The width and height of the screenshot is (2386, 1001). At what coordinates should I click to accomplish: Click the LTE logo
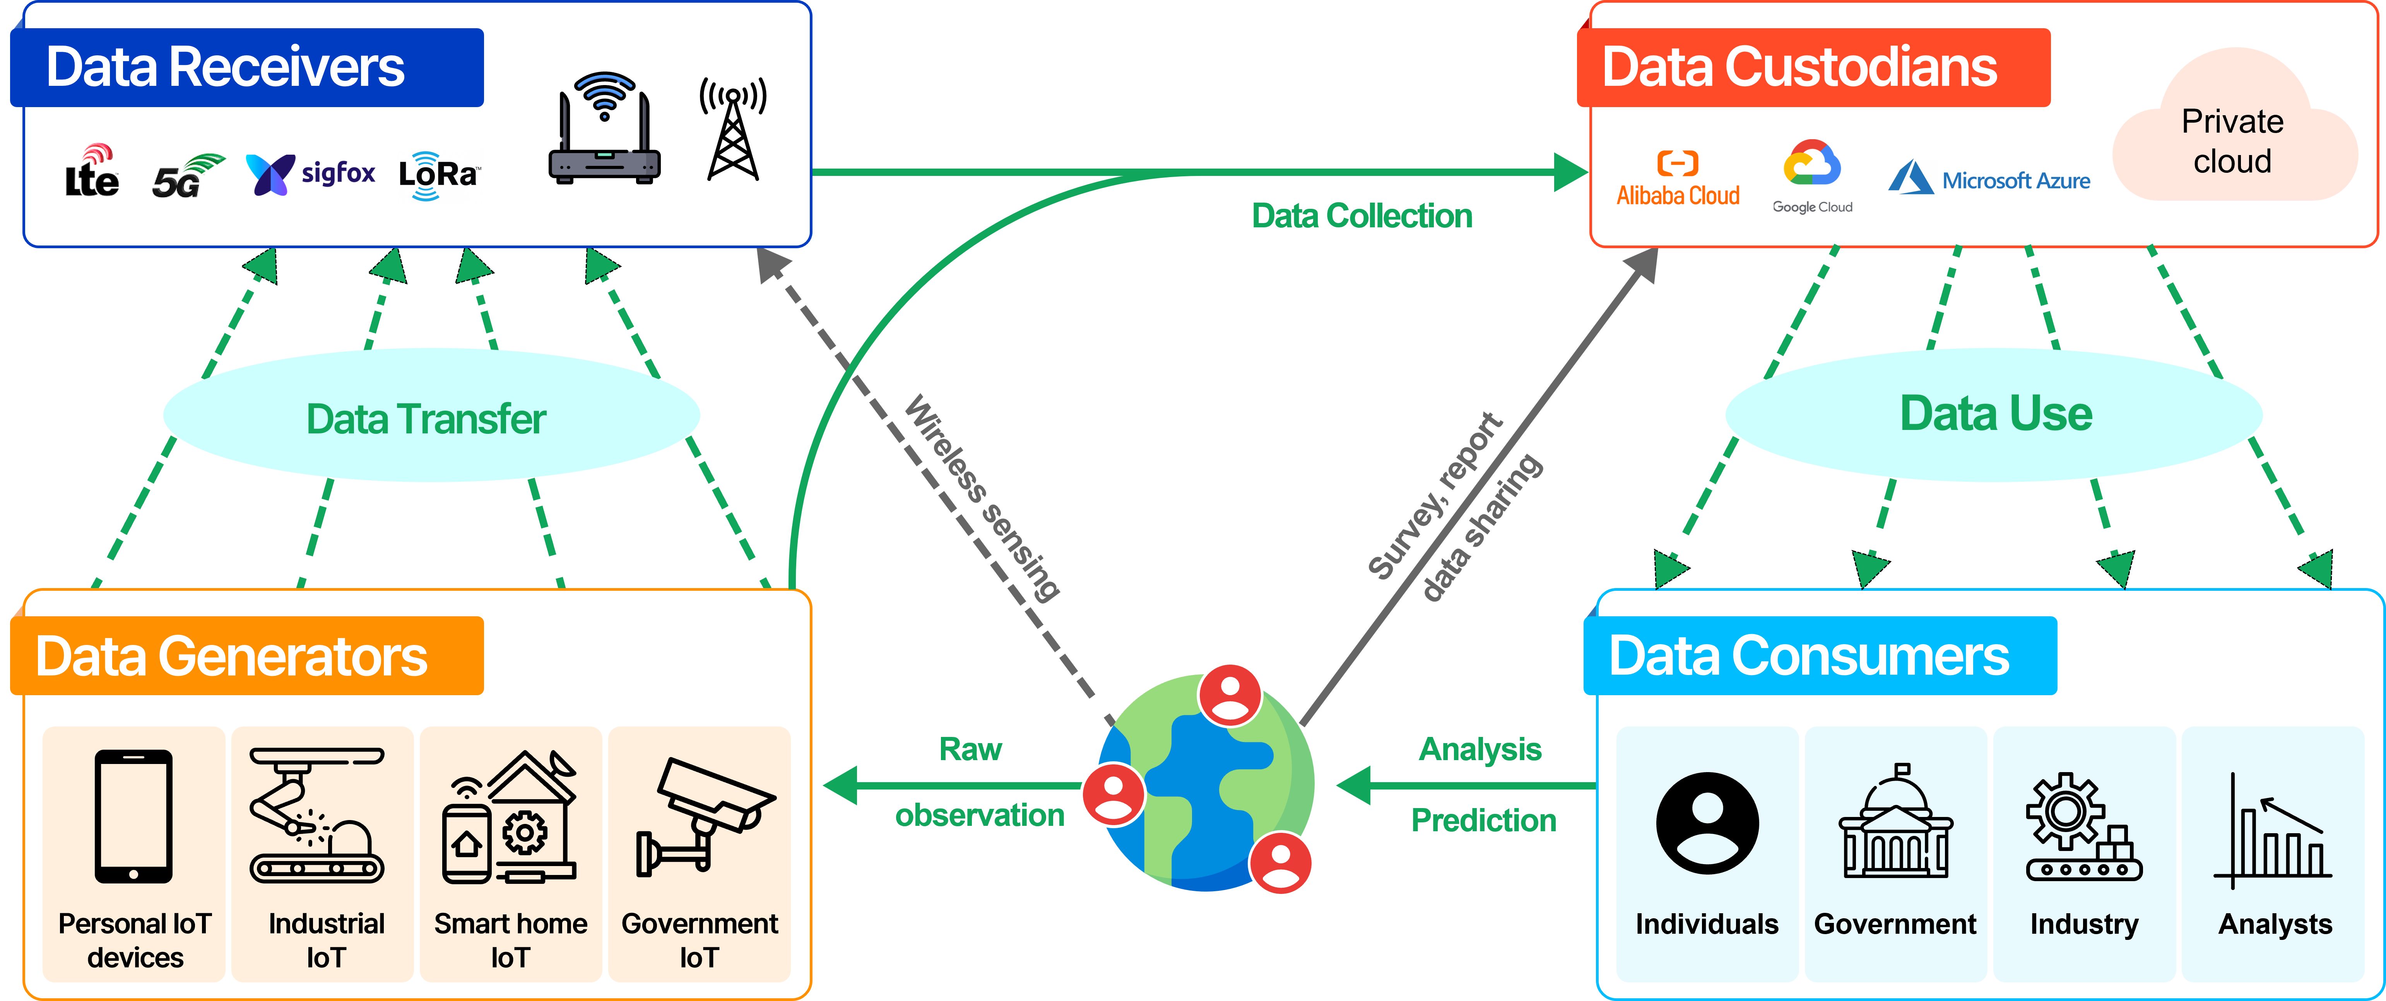click(92, 171)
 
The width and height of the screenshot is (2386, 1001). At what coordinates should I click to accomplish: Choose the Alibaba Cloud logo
click(1678, 179)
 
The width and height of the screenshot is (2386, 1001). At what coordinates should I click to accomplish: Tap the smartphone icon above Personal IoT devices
click(133, 816)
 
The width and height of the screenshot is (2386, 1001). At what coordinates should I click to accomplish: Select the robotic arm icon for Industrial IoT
click(317, 815)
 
